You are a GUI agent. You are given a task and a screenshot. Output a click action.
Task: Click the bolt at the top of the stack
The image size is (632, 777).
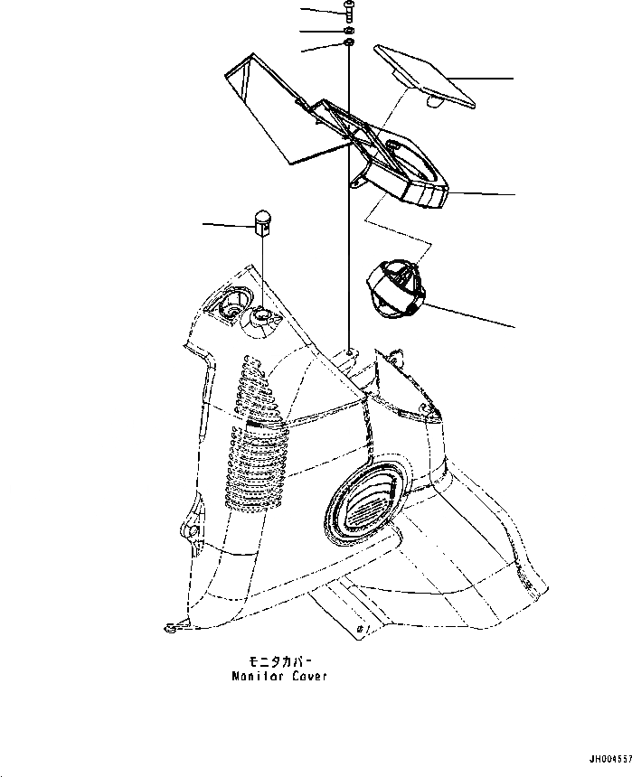(x=348, y=11)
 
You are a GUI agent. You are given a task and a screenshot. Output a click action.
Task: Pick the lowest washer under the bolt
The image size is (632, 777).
(x=348, y=43)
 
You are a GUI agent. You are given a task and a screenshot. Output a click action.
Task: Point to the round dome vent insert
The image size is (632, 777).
(x=396, y=288)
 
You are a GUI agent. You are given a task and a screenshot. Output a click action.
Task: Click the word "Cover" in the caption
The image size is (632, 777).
(x=308, y=675)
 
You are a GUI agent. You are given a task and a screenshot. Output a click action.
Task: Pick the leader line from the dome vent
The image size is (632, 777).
(x=470, y=315)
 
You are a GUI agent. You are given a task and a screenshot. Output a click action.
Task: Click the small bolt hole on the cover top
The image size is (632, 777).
(x=349, y=351)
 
